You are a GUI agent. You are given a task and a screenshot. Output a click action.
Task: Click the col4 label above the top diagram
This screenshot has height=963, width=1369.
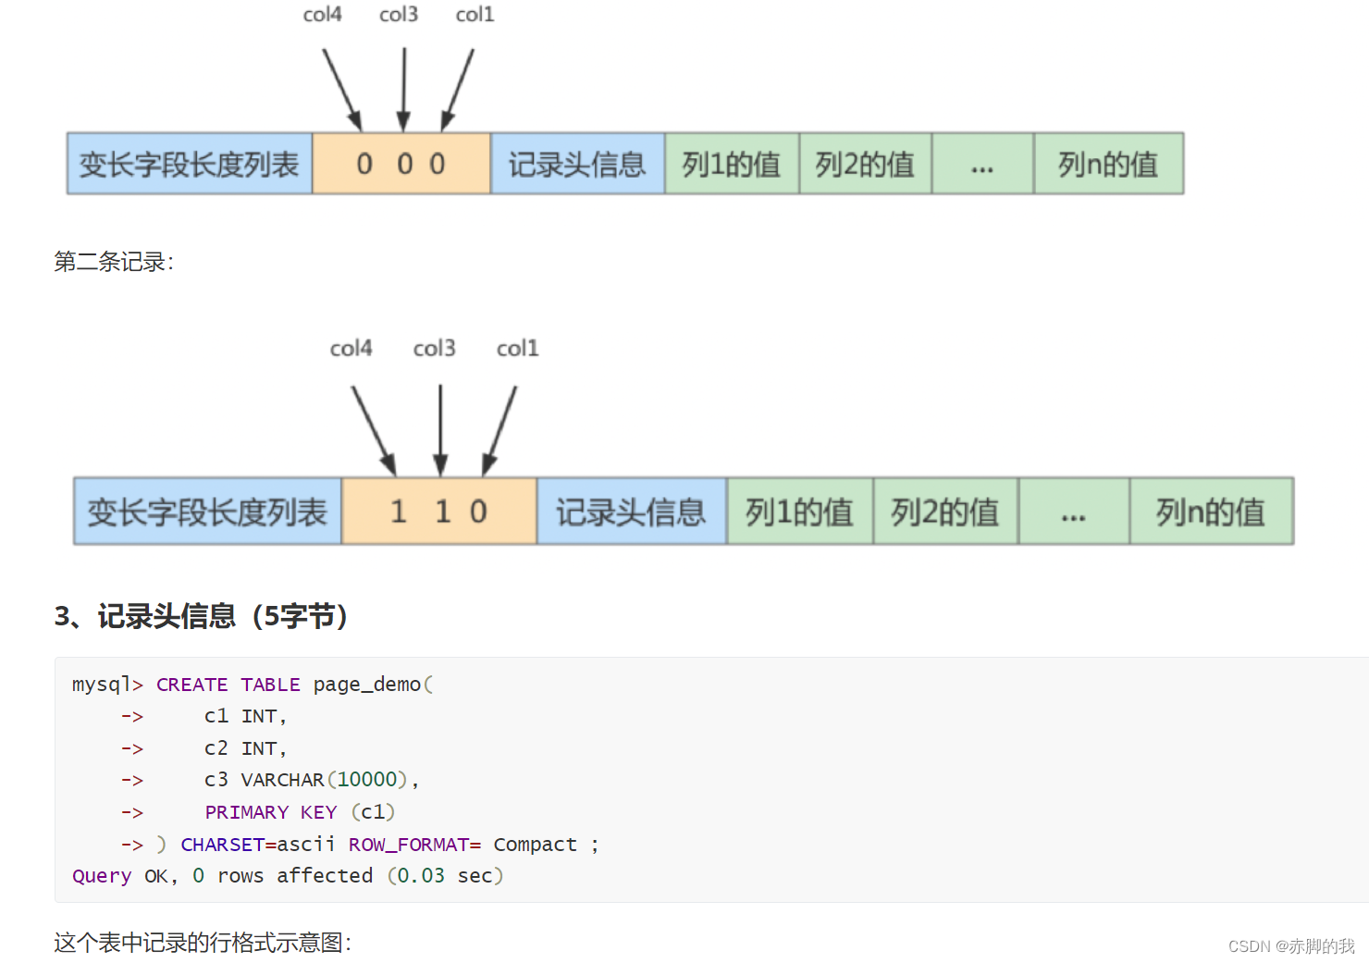[322, 15]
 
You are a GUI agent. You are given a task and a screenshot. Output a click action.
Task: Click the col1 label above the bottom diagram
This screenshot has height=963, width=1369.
[517, 349]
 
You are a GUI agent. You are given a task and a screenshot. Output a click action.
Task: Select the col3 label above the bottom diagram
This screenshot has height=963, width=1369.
[434, 349]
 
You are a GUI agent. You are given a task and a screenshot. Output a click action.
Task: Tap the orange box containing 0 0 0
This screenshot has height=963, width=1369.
[401, 164]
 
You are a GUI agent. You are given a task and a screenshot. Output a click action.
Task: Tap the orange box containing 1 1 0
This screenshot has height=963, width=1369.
[438, 512]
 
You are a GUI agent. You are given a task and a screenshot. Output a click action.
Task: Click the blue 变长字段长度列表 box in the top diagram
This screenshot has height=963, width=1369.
[190, 164]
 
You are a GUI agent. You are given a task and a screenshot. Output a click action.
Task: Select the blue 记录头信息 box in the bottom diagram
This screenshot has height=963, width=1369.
[631, 512]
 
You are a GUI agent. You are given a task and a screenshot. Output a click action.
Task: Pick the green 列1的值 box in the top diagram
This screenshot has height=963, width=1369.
[731, 164]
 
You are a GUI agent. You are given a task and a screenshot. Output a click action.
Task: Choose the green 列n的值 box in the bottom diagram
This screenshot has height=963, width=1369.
[1211, 512]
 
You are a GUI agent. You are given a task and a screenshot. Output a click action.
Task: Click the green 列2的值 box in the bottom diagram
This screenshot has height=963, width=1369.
[944, 512]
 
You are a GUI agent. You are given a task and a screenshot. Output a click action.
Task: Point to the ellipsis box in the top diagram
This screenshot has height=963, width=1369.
[981, 164]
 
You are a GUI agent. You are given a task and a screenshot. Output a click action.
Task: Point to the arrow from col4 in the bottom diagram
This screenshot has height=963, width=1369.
[374, 430]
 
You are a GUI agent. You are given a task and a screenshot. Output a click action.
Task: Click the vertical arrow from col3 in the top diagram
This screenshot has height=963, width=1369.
[403, 89]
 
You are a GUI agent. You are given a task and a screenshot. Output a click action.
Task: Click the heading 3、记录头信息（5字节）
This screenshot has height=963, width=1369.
[201, 616]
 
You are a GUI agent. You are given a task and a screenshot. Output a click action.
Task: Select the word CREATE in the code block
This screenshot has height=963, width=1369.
[191, 685]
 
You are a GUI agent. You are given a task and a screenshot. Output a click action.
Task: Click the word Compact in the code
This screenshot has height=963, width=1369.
[535, 845]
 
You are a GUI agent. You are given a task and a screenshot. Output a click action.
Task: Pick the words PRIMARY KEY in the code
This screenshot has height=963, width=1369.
[270, 812]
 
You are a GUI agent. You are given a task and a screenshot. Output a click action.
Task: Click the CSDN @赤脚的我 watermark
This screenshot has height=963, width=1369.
[1290, 945]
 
